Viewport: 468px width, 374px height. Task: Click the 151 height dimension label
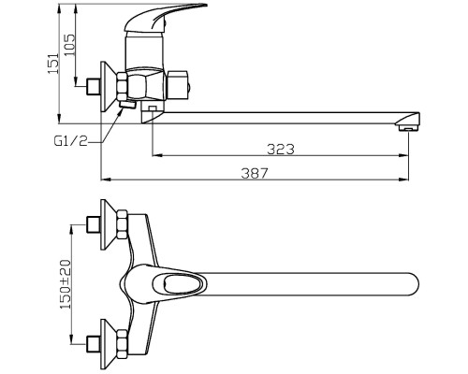53,64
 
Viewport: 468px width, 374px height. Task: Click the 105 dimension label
69,45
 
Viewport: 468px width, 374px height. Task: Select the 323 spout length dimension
281,150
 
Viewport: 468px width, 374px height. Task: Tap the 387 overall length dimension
255,173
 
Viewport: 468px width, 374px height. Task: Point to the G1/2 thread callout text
71,141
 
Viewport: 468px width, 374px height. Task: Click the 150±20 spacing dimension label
66,284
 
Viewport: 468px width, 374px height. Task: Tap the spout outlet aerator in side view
409,128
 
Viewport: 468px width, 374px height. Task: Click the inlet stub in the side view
93,86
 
